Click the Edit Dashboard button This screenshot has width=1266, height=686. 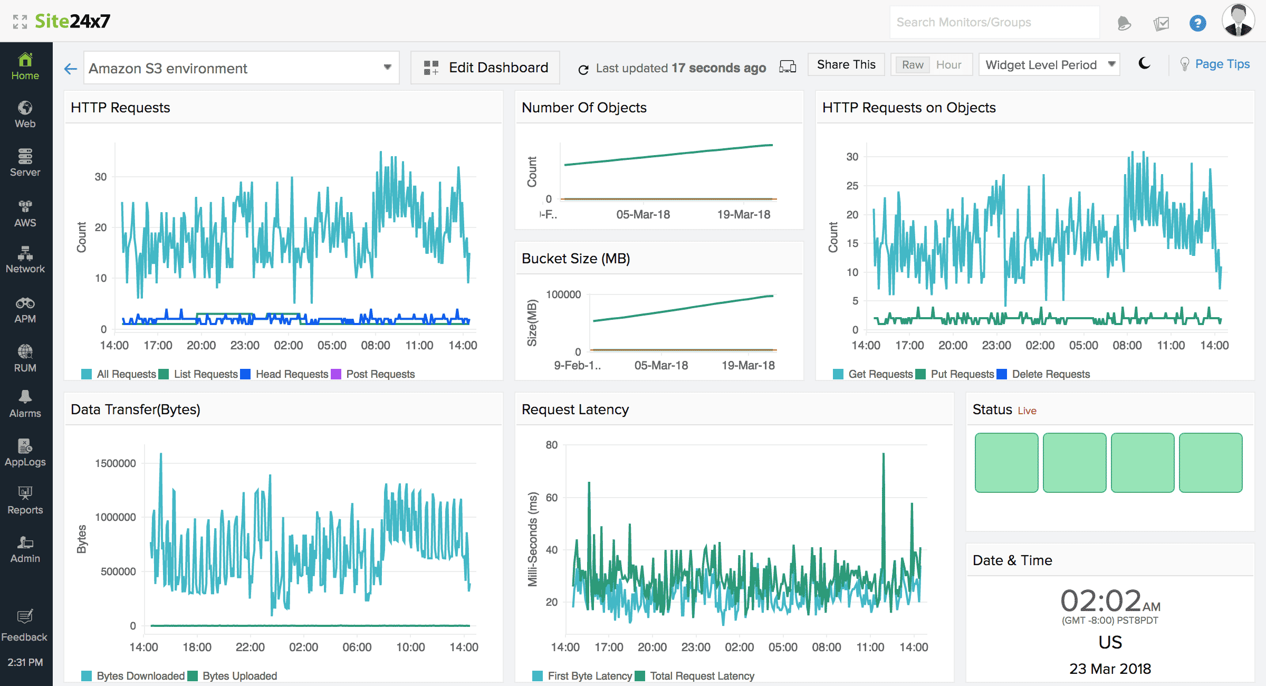[485, 68]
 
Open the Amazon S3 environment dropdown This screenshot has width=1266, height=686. [241, 68]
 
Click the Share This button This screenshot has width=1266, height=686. [846, 64]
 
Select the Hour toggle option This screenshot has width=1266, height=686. [948, 65]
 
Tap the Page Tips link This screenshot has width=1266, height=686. [1222, 64]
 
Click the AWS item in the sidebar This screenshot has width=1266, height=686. [25, 213]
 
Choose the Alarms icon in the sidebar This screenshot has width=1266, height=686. [25, 404]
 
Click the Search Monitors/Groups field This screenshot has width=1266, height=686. [994, 22]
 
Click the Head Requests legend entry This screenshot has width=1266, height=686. [291, 374]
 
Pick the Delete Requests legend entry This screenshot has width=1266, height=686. [1050, 374]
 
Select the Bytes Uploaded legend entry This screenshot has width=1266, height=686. [239, 676]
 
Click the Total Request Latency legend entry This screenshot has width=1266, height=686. [702, 676]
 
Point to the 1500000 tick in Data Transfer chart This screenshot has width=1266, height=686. [116, 463]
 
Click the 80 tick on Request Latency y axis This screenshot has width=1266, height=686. [551, 445]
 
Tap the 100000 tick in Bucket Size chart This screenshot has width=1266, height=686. [563, 294]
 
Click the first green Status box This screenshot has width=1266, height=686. [1006, 463]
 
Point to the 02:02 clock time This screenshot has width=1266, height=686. [1101, 601]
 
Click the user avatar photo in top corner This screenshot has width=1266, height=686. [1238, 21]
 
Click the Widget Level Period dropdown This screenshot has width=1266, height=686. [1049, 65]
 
